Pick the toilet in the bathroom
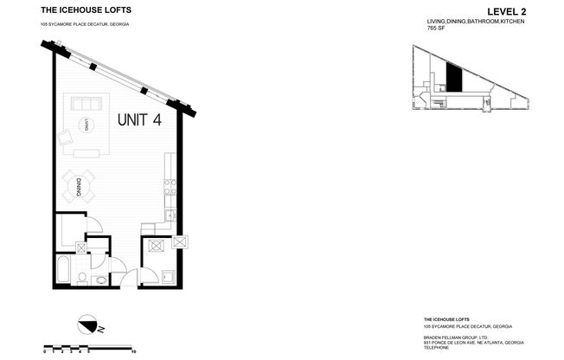coord(81,277)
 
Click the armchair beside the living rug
coord(65,138)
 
